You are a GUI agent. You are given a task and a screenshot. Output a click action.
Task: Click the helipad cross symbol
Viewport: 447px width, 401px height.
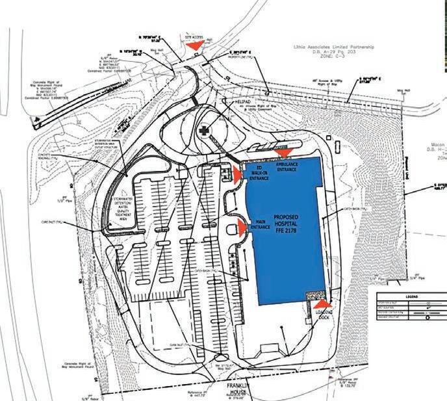204,130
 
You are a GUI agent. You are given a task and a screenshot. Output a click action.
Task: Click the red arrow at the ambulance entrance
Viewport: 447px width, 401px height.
284,153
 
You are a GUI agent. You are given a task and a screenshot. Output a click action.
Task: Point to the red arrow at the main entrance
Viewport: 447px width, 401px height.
241,226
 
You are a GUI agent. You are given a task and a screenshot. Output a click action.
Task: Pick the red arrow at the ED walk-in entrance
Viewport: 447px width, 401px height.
236,173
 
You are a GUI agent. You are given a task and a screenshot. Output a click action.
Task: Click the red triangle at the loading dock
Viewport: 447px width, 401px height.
322,302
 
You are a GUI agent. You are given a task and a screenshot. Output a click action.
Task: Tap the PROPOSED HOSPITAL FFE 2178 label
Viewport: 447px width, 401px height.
286,224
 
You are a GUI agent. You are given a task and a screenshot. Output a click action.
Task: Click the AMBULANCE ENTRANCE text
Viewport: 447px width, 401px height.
287,167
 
